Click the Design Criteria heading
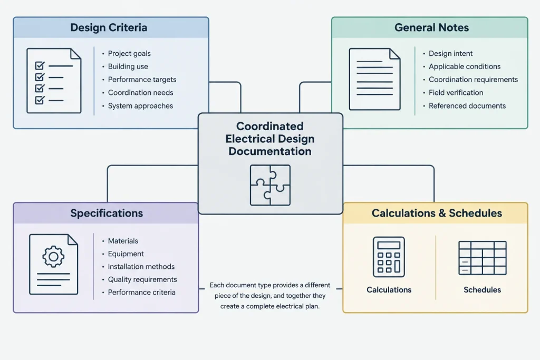109,27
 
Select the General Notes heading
431,27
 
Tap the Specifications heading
107,213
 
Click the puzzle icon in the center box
270,185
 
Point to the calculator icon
389,257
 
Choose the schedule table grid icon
483,258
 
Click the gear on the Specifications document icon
53,256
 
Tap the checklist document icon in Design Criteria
54,81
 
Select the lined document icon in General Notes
375,79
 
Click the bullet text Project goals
129,53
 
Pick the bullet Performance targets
142,80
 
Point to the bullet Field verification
456,93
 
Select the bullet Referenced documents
467,105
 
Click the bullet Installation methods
141,267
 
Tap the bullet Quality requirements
142,279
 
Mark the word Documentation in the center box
270,151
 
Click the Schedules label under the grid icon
482,290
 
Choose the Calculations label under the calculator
389,290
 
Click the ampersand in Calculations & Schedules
442,213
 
